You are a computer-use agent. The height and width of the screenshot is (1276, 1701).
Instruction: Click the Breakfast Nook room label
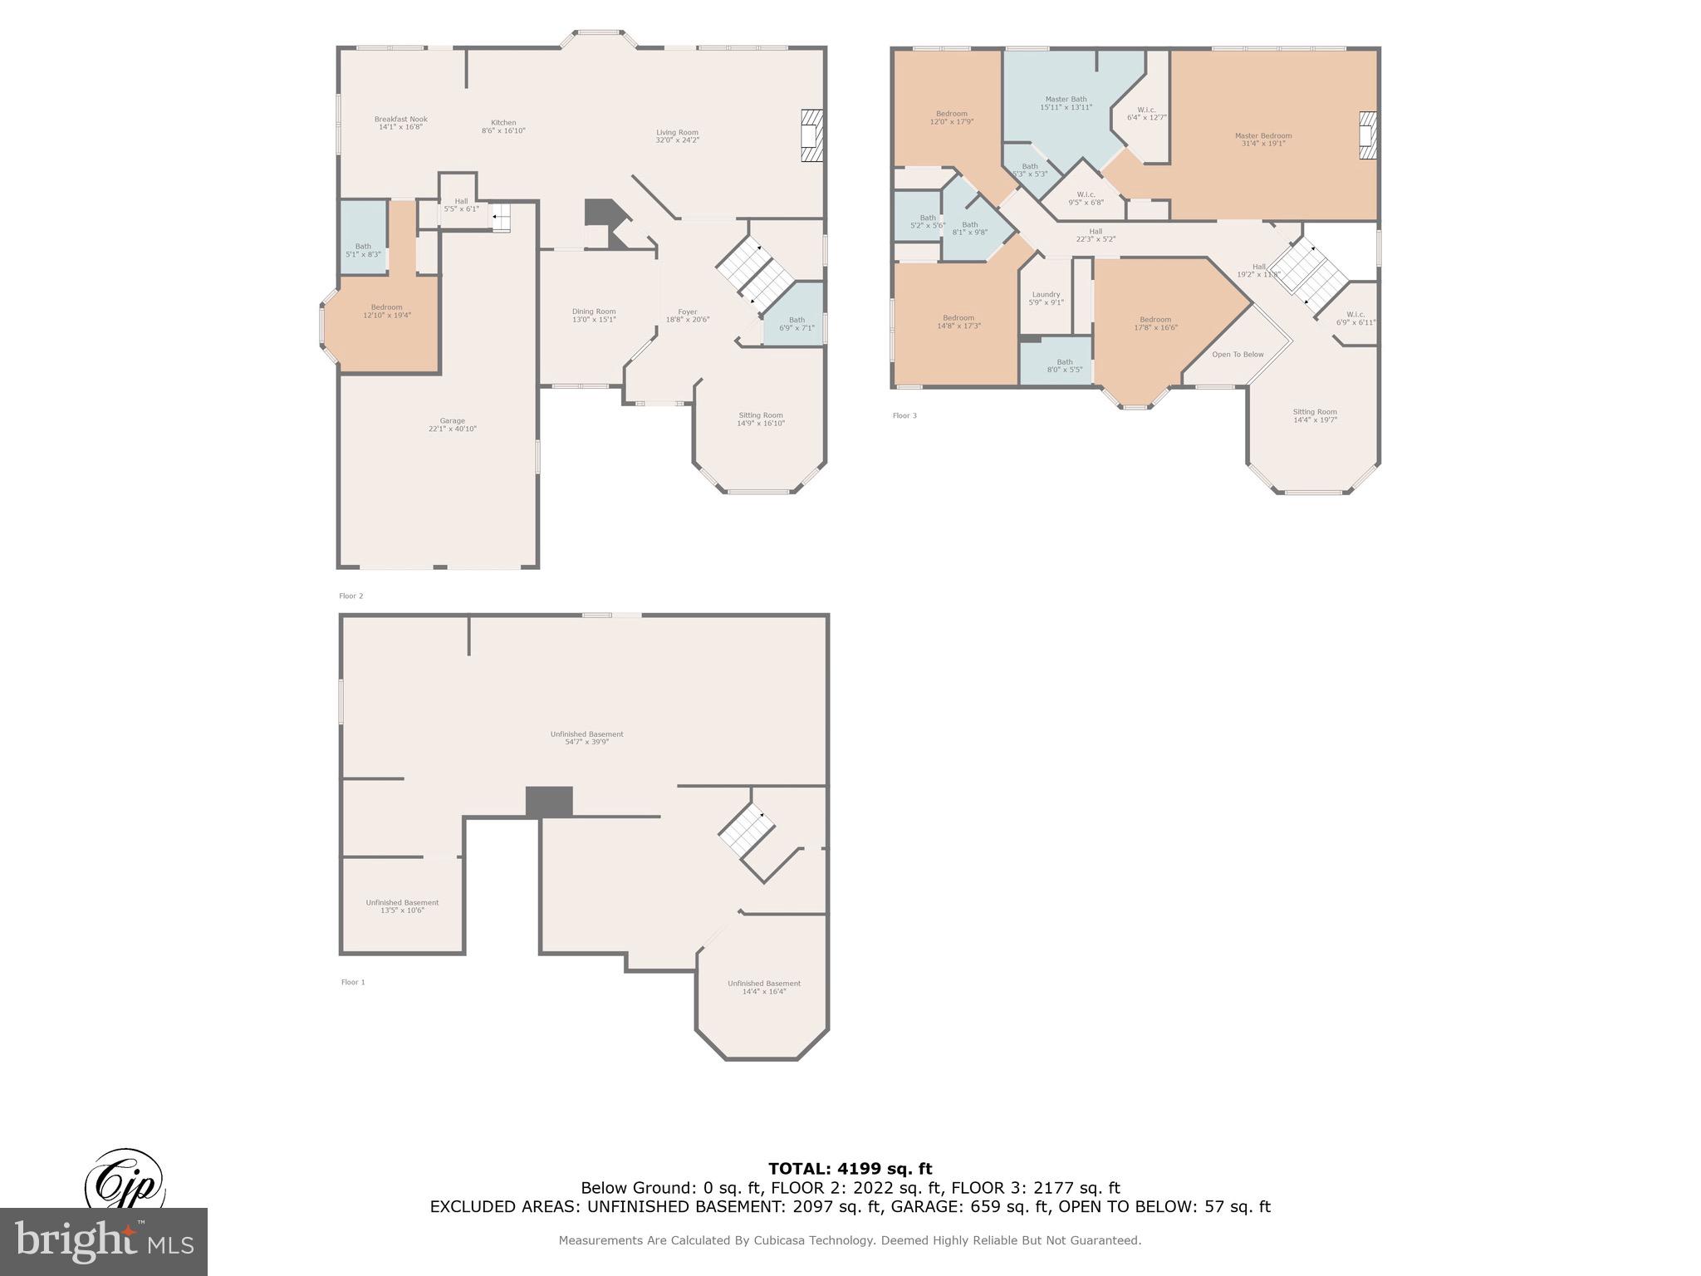400,123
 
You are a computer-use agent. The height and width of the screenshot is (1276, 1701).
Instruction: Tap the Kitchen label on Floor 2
503,126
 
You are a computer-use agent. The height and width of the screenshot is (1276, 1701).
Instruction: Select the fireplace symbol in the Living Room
811,135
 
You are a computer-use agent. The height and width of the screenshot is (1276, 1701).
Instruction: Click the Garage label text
452,425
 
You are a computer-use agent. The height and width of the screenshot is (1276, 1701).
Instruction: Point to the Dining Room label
594,315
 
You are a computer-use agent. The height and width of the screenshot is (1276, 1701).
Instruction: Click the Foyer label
687,316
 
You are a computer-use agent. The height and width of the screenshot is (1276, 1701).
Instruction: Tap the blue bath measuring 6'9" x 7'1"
796,324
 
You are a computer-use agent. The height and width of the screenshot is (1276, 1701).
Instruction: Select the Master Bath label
1066,103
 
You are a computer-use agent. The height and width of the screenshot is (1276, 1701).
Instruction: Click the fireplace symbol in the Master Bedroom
1367,135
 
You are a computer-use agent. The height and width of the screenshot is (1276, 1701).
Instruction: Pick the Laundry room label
1046,297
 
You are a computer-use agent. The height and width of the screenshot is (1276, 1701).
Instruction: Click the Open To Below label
1238,355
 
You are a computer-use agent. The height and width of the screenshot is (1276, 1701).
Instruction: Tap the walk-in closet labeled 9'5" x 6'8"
1086,198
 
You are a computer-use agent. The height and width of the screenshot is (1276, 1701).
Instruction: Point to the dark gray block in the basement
549,802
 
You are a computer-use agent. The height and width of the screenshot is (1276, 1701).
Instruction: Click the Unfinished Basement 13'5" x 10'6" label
402,906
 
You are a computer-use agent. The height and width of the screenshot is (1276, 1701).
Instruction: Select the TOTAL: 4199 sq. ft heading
850,1169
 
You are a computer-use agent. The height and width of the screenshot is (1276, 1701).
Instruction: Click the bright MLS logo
104,1241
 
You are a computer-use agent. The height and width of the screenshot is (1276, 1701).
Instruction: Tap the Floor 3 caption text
904,415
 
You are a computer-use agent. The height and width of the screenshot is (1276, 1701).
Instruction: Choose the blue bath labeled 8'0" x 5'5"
1064,366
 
